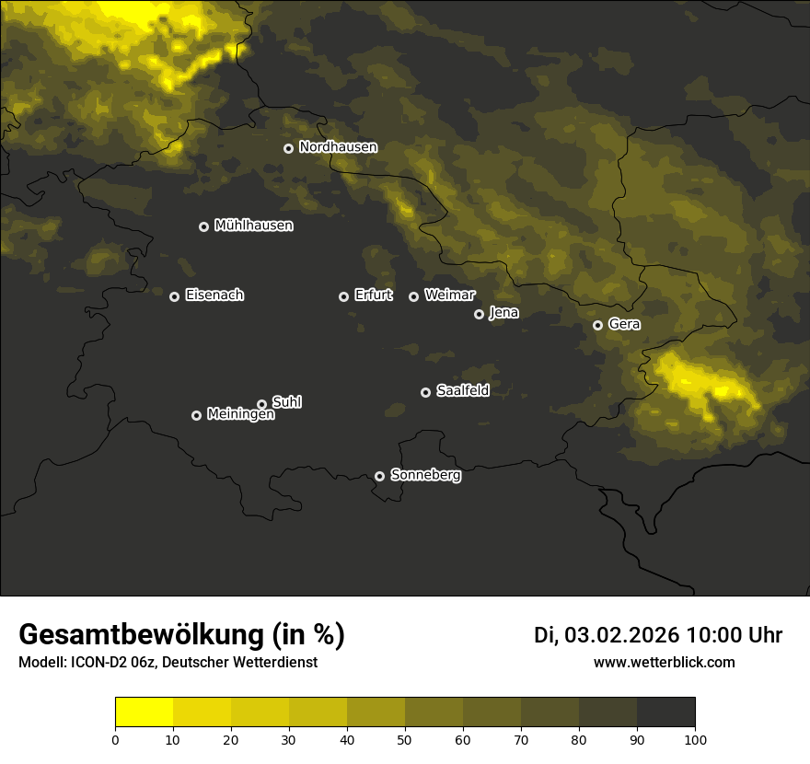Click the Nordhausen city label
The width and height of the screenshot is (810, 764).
338,147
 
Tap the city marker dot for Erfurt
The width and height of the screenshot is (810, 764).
344,296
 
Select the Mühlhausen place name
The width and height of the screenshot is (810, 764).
253,226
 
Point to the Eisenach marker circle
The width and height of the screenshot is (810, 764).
174,296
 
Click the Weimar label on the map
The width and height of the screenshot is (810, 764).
449,295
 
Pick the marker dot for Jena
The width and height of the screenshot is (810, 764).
479,314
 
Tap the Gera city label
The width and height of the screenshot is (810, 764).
624,324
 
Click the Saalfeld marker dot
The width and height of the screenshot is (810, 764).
425,392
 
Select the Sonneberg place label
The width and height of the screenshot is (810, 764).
425,475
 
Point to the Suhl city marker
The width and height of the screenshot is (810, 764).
261,404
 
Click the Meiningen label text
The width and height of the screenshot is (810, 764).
240,415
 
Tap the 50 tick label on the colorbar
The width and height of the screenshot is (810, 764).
405,739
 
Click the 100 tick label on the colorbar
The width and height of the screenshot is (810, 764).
695,739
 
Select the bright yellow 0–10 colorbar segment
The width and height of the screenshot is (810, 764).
145,712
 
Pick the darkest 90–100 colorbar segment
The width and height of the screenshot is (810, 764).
665,712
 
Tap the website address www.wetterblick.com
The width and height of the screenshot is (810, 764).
664,662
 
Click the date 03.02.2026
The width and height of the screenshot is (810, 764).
621,635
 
